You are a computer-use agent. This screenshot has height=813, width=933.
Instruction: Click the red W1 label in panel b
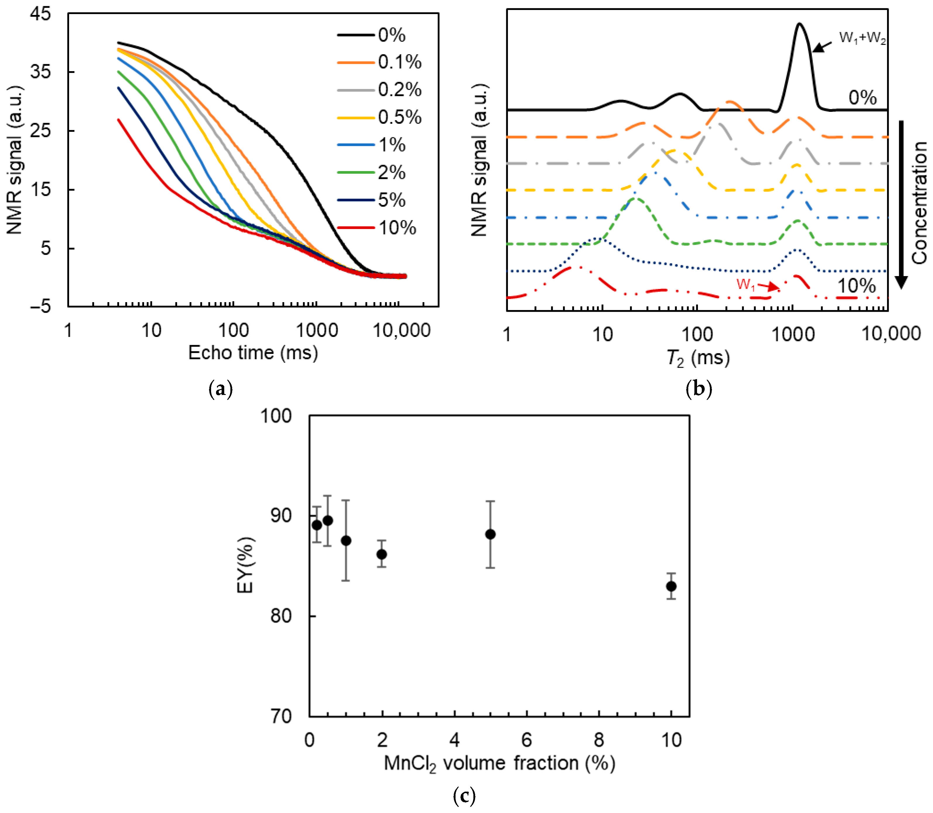click(x=746, y=285)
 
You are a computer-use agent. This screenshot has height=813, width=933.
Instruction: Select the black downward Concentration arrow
click(x=901, y=204)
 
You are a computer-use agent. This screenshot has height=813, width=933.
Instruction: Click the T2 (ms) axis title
click(x=698, y=358)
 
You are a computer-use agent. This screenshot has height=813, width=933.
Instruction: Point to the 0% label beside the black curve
click(x=862, y=97)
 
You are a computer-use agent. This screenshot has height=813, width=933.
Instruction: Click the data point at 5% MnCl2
click(x=490, y=534)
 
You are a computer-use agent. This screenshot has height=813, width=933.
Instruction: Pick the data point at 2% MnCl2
click(x=382, y=554)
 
